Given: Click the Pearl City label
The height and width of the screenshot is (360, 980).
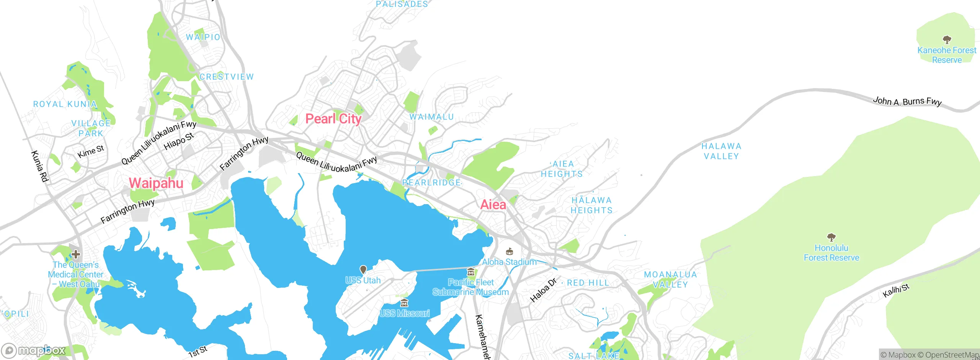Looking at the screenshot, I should tap(333, 119).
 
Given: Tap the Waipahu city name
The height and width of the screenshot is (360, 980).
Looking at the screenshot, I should tap(156, 183).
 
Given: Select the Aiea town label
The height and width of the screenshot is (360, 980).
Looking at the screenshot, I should tap(493, 205).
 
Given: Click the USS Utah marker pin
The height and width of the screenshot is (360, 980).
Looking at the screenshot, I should tap(363, 270).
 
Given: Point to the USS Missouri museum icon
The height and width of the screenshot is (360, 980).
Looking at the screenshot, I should tap(404, 303).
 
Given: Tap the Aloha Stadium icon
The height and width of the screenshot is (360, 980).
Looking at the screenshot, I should tap(509, 252).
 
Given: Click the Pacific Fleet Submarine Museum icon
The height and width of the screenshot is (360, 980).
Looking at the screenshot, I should tap(471, 272).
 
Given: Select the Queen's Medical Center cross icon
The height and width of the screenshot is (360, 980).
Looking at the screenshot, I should tap(76, 254).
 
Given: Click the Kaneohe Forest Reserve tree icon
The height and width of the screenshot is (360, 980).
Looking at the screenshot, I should tap(947, 40).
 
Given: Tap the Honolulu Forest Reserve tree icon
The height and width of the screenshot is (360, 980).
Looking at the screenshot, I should tap(831, 237).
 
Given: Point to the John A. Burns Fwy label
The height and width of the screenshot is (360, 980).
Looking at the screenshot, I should tap(907, 101).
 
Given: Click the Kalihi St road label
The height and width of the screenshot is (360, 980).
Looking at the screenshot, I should tap(895, 291).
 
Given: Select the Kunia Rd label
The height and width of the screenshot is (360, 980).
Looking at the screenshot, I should tap(39, 166).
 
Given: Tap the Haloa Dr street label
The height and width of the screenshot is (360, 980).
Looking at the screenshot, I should tap(543, 290).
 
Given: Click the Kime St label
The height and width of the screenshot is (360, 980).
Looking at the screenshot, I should tap(91, 152).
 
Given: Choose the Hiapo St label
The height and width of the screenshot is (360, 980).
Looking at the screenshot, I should tap(179, 141).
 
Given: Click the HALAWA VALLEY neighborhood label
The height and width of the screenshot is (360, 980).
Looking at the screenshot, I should tap(721, 151).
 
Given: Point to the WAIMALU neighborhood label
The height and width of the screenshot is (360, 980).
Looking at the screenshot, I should tap(431, 117).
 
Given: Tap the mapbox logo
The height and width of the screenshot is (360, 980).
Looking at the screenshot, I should tap(34, 350).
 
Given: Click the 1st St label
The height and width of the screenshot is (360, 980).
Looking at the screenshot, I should tap(198, 351).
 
